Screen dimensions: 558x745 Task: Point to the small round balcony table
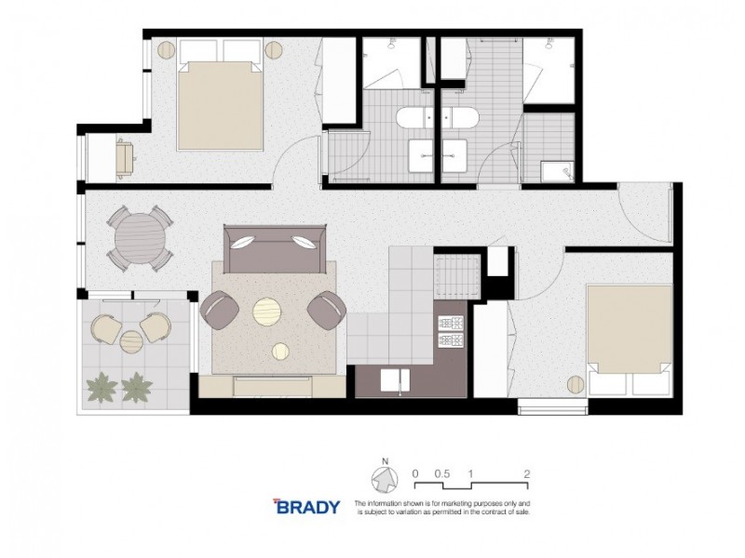[130, 339]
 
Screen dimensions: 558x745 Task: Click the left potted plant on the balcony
[100, 386]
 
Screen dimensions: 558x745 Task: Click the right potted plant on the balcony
[137, 386]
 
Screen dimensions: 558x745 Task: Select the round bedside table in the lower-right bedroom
[576, 383]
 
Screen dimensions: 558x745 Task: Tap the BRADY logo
[308, 507]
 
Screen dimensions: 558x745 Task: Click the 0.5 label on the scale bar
[443, 472]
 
